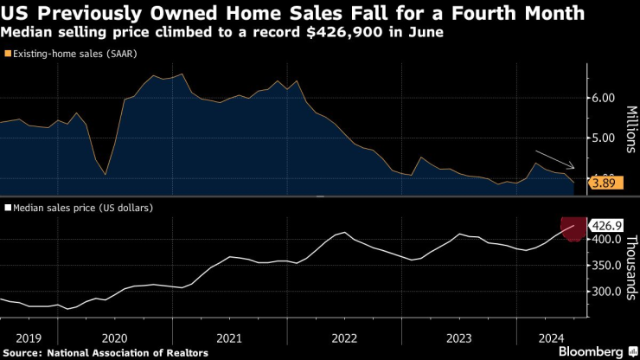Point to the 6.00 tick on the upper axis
[603, 98]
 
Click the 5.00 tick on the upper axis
[603, 138]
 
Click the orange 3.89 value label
[603, 183]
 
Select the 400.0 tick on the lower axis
[605, 239]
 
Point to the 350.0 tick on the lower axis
[605, 265]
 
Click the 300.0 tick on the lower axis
[605, 292]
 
